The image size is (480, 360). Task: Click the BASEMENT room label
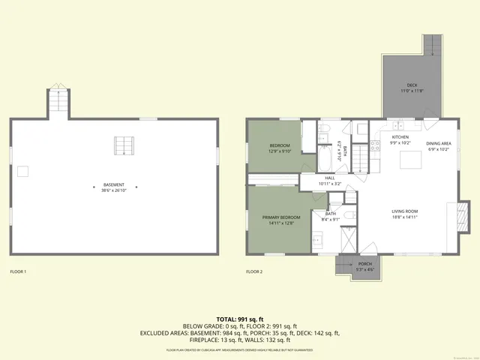coord(114,184)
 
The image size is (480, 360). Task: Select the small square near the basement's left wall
coord(23,171)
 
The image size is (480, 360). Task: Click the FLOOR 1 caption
coord(18,271)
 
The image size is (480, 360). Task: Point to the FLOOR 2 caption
coord(254,271)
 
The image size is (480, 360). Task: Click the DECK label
coord(412,85)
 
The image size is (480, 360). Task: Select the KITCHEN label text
coord(400,137)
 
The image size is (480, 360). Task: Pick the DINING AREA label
coord(438,142)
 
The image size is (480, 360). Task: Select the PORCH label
coord(364,263)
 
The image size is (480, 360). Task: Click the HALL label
coord(329,178)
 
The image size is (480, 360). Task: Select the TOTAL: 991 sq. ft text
coord(240,319)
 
